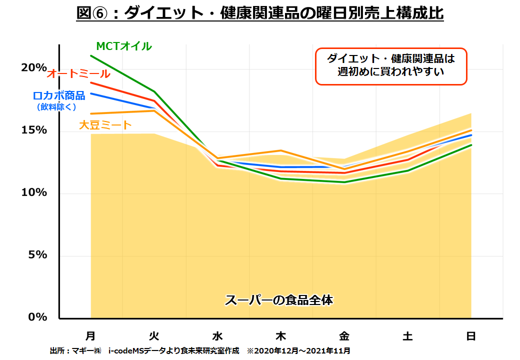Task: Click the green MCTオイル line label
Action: (124, 46)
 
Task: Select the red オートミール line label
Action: (78, 74)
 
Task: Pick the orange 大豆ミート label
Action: (105, 125)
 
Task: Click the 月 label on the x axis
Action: (90, 336)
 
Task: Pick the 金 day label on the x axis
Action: (344, 336)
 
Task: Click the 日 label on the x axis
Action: (471, 336)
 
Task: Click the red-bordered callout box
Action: (390, 65)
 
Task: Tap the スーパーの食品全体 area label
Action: (279, 300)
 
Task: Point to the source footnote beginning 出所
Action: (200, 351)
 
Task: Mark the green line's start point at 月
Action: (91, 55)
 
